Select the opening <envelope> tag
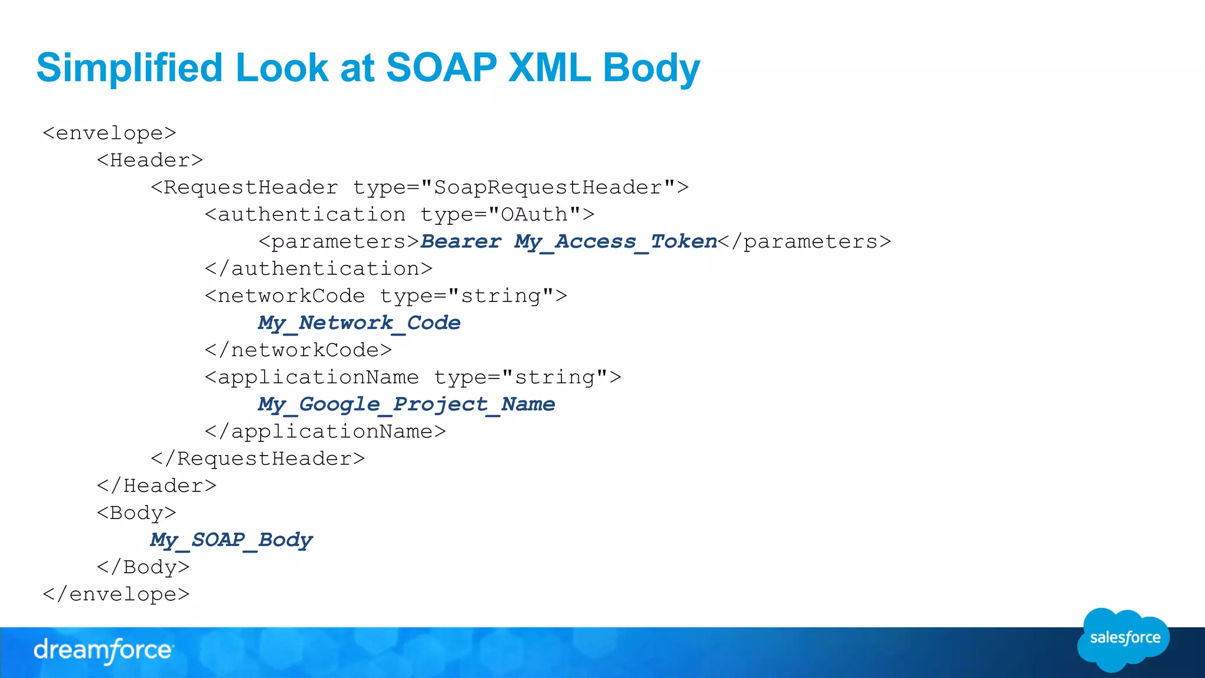[x=109, y=133]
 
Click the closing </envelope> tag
[x=116, y=594]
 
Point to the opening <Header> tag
[x=150, y=160]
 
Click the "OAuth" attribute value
[x=534, y=214]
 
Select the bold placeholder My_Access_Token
[x=615, y=241]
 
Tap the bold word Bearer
[x=461, y=241]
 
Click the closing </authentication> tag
[x=318, y=268]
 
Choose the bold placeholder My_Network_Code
[x=359, y=323]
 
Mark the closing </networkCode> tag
[x=298, y=350]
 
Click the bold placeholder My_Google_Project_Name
[x=406, y=404]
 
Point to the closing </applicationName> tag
[x=325, y=431]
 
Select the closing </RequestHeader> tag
[x=258, y=458]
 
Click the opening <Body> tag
[x=137, y=513]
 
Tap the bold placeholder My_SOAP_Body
[x=231, y=540]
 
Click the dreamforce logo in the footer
[x=104, y=650]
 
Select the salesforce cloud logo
[x=1124, y=639]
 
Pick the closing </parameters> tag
[x=805, y=241]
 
